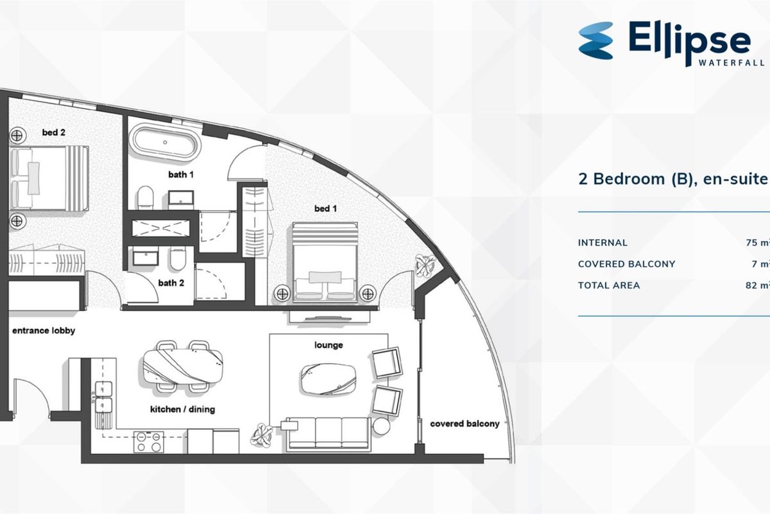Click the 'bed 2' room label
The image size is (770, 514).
tap(54, 132)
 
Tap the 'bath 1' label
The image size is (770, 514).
tap(181, 175)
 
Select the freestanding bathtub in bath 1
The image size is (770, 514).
tap(166, 143)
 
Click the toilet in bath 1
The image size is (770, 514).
tap(145, 197)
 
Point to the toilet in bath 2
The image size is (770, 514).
tap(178, 258)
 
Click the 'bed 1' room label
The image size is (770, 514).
tap(325, 209)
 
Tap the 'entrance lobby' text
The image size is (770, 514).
tap(44, 331)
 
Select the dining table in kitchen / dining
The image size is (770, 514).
tap(182, 366)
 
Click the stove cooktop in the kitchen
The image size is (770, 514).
tap(148, 441)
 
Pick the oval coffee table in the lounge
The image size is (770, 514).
tap(329, 378)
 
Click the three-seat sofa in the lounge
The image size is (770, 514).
tap(329, 434)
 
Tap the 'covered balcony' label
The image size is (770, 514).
tap(465, 424)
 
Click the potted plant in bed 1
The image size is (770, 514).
tap(425, 265)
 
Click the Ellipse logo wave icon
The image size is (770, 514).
tap(595, 40)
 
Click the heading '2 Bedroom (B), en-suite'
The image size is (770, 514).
tap(673, 179)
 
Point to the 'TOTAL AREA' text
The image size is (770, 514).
tap(609, 285)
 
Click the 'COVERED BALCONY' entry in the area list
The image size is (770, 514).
tap(627, 264)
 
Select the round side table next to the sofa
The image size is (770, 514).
tap(382, 426)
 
